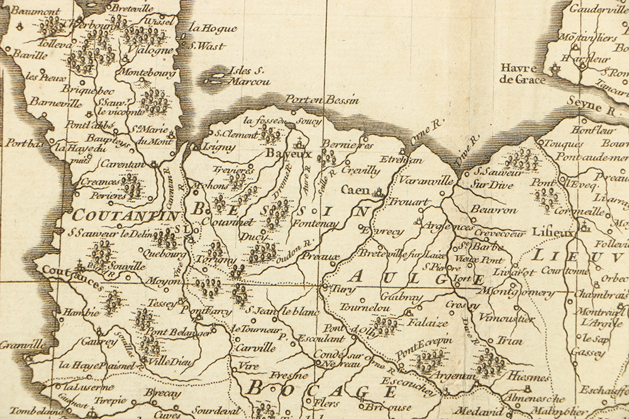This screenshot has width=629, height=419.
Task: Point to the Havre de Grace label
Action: pos(518,73)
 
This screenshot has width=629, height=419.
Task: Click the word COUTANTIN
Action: pos(126,215)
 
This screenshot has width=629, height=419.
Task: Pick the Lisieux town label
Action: pos(553,232)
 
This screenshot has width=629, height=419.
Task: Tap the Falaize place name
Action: pos(428,323)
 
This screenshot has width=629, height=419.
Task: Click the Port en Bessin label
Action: pos(322,99)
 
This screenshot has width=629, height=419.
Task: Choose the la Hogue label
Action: pos(213,28)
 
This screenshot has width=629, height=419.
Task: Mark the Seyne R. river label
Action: pos(593,105)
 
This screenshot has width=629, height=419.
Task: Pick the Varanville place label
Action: pos(425,181)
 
